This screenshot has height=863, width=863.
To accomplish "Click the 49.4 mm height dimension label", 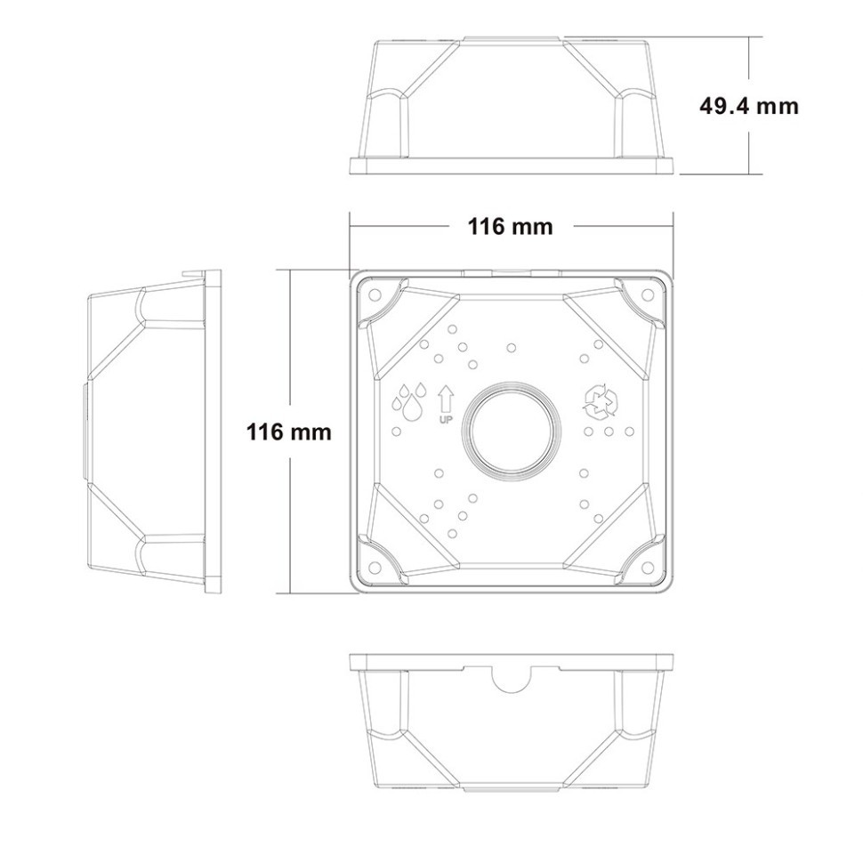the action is [748, 106].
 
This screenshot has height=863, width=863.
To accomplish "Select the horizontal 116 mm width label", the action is [510, 226].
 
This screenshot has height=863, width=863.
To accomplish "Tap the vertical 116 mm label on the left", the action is [289, 432].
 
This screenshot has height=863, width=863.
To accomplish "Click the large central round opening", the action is [512, 431].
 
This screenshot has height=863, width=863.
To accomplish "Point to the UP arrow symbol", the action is [445, 399].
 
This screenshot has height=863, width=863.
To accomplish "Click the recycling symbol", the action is [600, 400].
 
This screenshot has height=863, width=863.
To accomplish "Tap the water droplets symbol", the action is [409, 400].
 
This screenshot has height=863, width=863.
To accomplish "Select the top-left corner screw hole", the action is [375, 294].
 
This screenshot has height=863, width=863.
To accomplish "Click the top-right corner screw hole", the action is [649, 295].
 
